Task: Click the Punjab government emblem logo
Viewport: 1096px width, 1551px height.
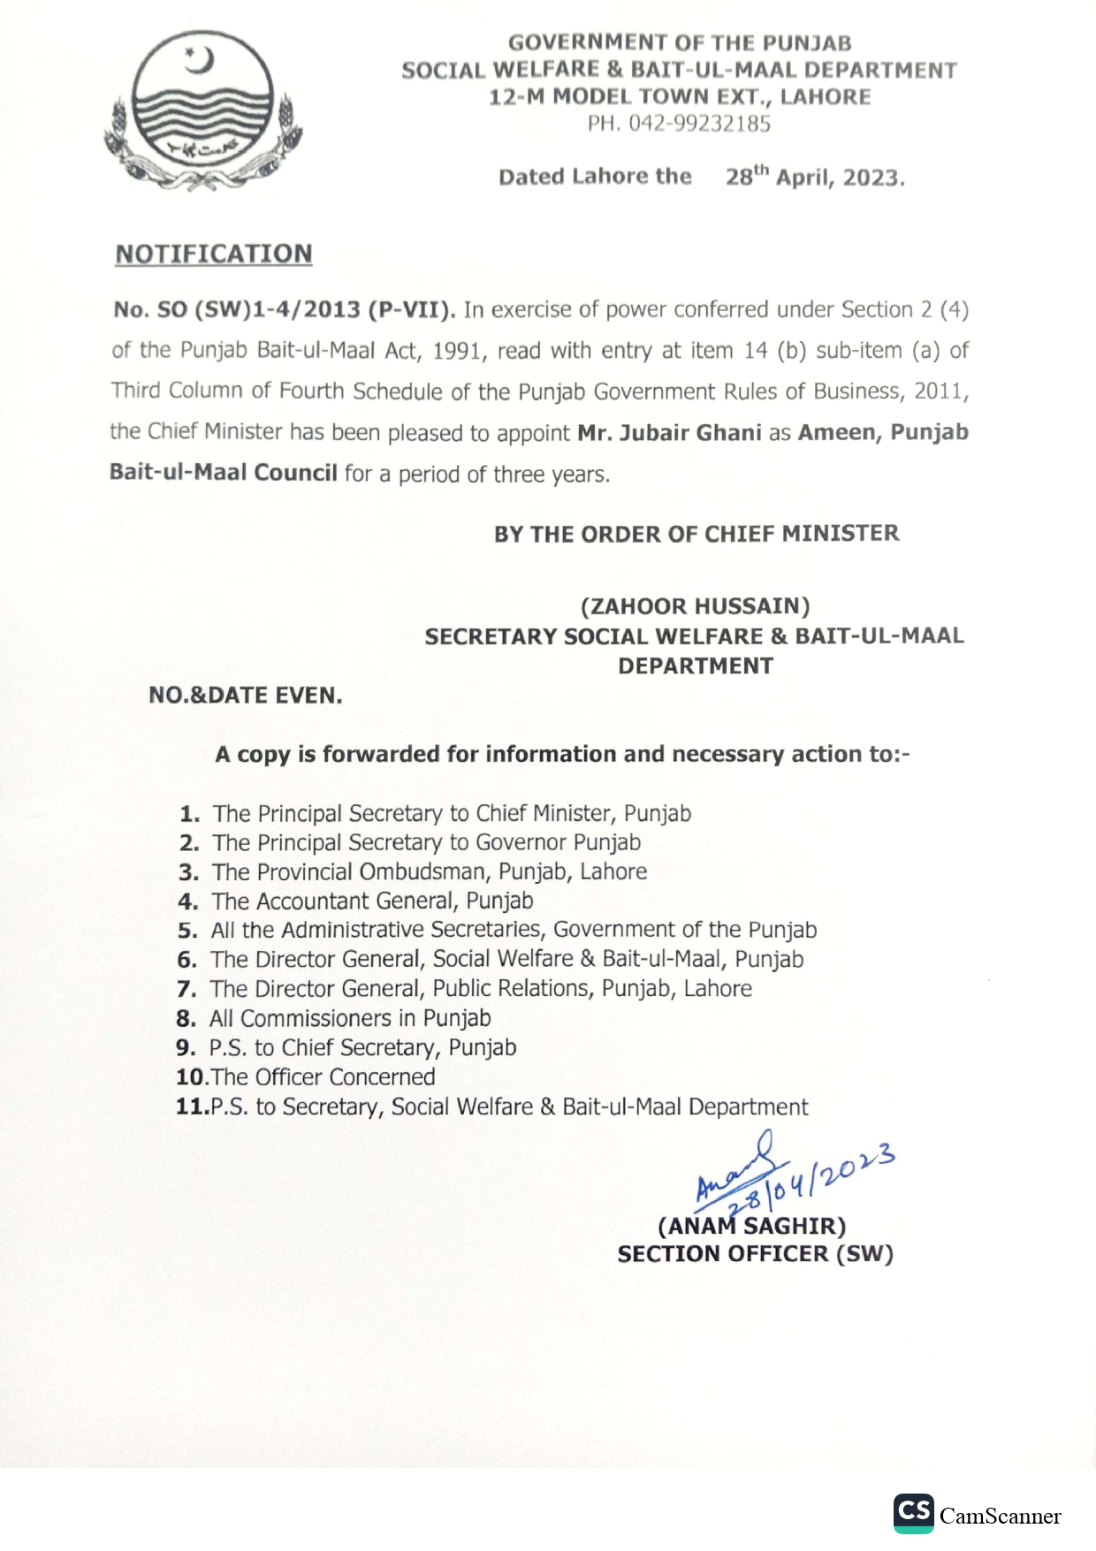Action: click(x=203, y=110)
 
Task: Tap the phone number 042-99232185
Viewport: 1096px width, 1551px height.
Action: click(x=698, y=125)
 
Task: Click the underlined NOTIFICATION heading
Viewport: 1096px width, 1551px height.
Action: click(x=214, y=255)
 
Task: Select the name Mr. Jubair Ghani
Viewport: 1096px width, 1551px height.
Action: click(x=669, y=433)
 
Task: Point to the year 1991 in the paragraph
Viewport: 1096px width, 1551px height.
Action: click(x=457, y=351)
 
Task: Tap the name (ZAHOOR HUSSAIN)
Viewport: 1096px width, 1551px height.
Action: click(x=695, y=606)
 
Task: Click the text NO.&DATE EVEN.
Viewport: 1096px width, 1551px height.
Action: click(x=246, y=696)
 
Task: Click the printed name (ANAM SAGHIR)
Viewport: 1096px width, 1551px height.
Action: click(x=752, y=1226)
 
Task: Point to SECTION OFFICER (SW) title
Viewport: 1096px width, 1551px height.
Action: click(x=755, y=1254)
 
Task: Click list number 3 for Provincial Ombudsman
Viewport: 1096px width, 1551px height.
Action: click(x=188, y=872)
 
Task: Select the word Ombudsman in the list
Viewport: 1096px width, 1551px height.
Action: click(x=423, y=872)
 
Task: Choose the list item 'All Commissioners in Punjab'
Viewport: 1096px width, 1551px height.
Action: click(x=350, y=1019)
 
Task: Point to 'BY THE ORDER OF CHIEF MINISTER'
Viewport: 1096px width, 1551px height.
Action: click(x=696, y=534)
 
